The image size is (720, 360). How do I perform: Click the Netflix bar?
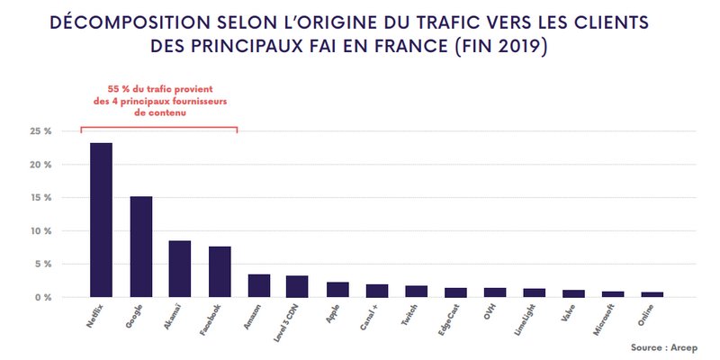click(x=101, y=220)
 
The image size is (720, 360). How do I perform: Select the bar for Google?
click(x=141, y=247)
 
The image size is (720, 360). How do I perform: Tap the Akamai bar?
click(x=180, y=269)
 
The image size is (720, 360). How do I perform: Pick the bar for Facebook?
click(x=220, y=272)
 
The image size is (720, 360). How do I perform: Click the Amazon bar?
click(x=259, y=285)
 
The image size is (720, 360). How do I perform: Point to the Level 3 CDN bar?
click(x=298, y=286)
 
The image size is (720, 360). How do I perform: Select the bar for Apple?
click(x=337, y=289)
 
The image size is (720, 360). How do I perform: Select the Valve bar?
click(x=574, y=293)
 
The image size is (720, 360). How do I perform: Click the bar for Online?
click(x=652, y=294)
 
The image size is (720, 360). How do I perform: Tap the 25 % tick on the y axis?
click(x=41, y=131)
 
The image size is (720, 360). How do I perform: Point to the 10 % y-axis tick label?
click(x=41, y=231)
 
